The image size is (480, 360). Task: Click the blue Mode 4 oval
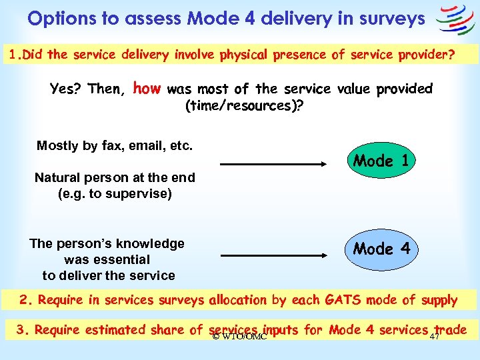pyautogui.click(x=382, y=249)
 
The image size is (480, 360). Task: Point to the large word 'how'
pyautogui.click(x=147, y=88)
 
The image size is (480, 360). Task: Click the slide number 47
pyautogui.click(x=435, y=337)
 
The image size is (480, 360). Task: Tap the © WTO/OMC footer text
pyautogui.click(x=239, y=337)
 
